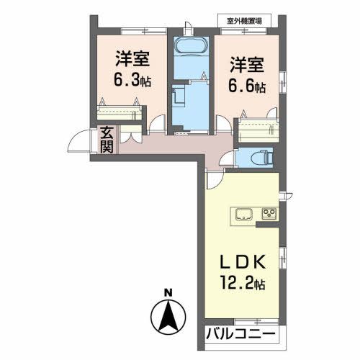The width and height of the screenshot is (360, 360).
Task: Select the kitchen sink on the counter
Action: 241,214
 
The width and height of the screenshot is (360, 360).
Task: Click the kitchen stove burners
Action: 270,214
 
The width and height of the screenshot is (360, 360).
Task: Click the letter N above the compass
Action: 168,292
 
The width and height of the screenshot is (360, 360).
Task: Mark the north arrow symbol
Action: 168,315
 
